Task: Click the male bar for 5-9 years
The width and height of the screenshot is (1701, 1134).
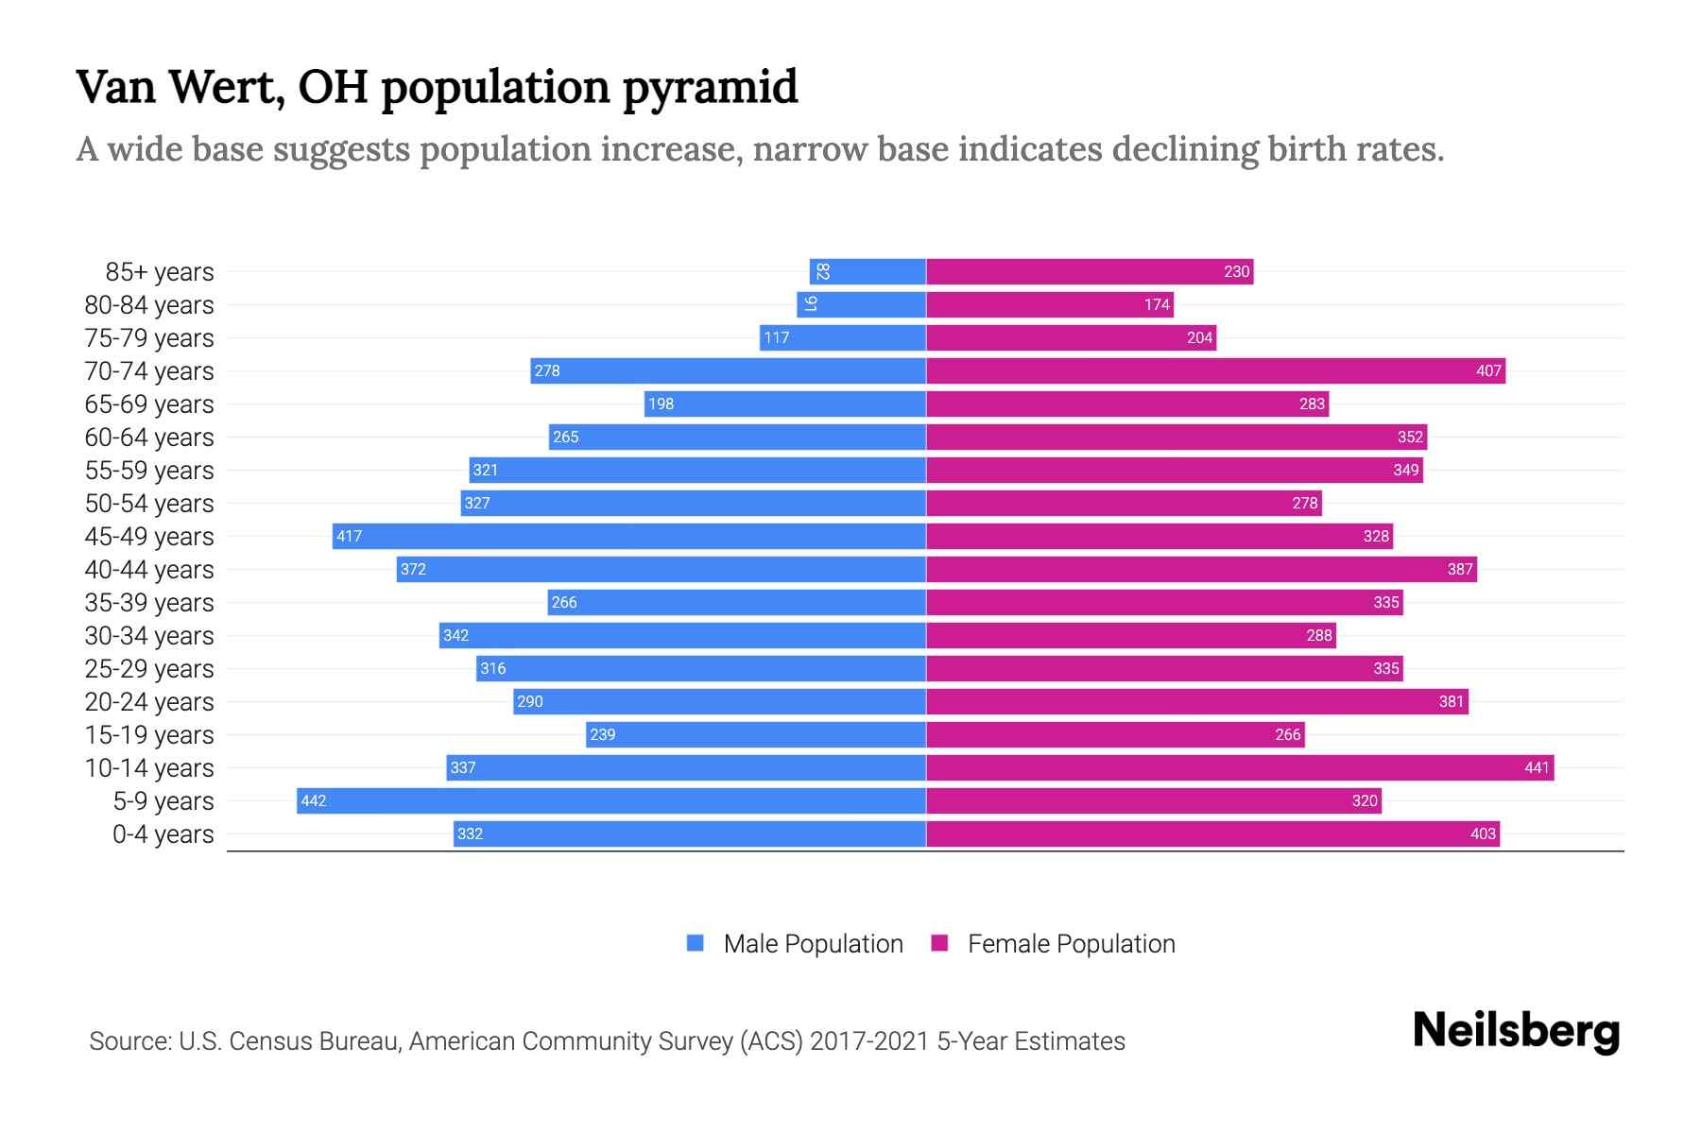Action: pyautogui.click(x=610, y=800)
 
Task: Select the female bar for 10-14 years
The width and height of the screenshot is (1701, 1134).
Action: pyautogui.click(x=1240, y=767)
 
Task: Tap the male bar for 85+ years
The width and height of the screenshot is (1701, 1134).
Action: pyautogui.click(x=868, y=271)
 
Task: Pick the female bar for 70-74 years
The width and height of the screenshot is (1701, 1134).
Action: pyautogui.click(x=1215, y=370)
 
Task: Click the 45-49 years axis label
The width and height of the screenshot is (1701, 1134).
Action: pyautogui.click(x=149, y=536)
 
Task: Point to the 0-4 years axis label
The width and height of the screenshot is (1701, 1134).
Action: pyautogui.click(x=163, y=833)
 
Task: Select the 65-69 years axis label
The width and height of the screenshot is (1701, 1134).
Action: pyautogui.click(x=149, y=404)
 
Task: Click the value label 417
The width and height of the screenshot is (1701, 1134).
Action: pyautogui.click(x=349, y=536)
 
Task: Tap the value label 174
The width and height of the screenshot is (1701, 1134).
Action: pyautogui.click(x=1157, y=304)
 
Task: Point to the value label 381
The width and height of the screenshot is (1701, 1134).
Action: pyautogui.click(x=1451, y=701)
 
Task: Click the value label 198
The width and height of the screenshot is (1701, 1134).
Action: pyautogui.click(x=661, y=404)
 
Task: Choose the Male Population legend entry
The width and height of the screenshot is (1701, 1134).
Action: pyautogui.click(x=812, y=943)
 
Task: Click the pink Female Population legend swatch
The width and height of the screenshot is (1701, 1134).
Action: pyautogui.click(x=939, y=943)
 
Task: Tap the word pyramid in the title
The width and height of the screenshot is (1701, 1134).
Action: pyautogui.click(x=710, y=88)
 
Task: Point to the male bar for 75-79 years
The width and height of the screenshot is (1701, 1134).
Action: pyautogui.click(x=842, y=337)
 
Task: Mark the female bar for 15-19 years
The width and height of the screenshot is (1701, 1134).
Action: pyautogui.click(x=1115, y=734)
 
